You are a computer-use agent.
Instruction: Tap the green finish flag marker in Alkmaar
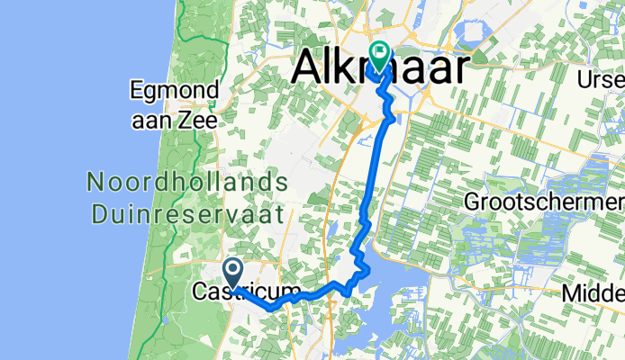coord(379,55)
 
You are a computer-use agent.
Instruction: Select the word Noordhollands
coord(186,183)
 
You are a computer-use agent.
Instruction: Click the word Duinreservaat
coord(186,213)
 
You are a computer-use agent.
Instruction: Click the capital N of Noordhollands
coord(95,183)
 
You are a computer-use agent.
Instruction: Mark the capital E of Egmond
coord(136,90)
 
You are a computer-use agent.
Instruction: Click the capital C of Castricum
coord(199,291)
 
